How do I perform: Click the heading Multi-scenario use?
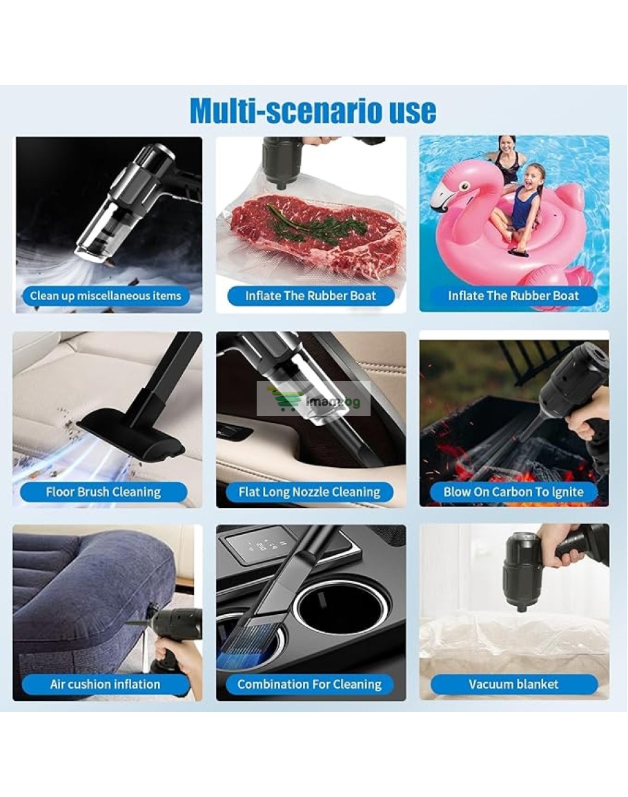click(x=313, y=110)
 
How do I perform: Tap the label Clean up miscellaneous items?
click(x=106, y=296)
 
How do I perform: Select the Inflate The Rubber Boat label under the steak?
click(x=311, y=296)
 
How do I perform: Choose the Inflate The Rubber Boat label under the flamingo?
click(x=513, y=296)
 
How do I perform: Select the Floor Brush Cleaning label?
click(x=104, y=492)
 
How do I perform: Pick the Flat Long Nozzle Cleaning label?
click(x=309, y=492)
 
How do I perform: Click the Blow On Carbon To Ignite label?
click(x=513, y=492)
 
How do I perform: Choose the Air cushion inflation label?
click(x=106, y=685)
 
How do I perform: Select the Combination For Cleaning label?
click(x=310, y=685)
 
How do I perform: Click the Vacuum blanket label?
click(x=514, y=685)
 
